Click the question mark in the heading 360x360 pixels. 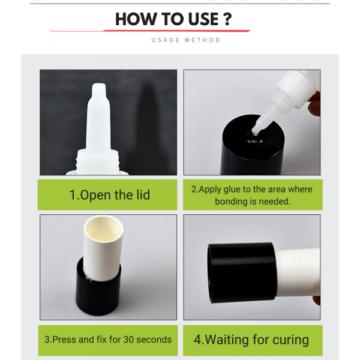(x=227, y=19)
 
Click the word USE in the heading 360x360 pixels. (x=203, y=19)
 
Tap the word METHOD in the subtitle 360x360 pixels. (x=203, y=40)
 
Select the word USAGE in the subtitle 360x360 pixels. (x=166, y=40)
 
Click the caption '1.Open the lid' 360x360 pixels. (x=110, y=195)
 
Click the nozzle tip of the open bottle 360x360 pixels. (x=99, y=85)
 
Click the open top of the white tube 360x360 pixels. (x=104, y=229)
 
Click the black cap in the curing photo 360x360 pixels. (x=242, y=272)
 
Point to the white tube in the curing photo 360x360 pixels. (x=298, y=272)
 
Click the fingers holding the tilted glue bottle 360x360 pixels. (x=314, y=103)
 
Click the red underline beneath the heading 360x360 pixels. (x=150, y=31)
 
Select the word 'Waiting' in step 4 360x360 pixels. (x=227, y=340)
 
